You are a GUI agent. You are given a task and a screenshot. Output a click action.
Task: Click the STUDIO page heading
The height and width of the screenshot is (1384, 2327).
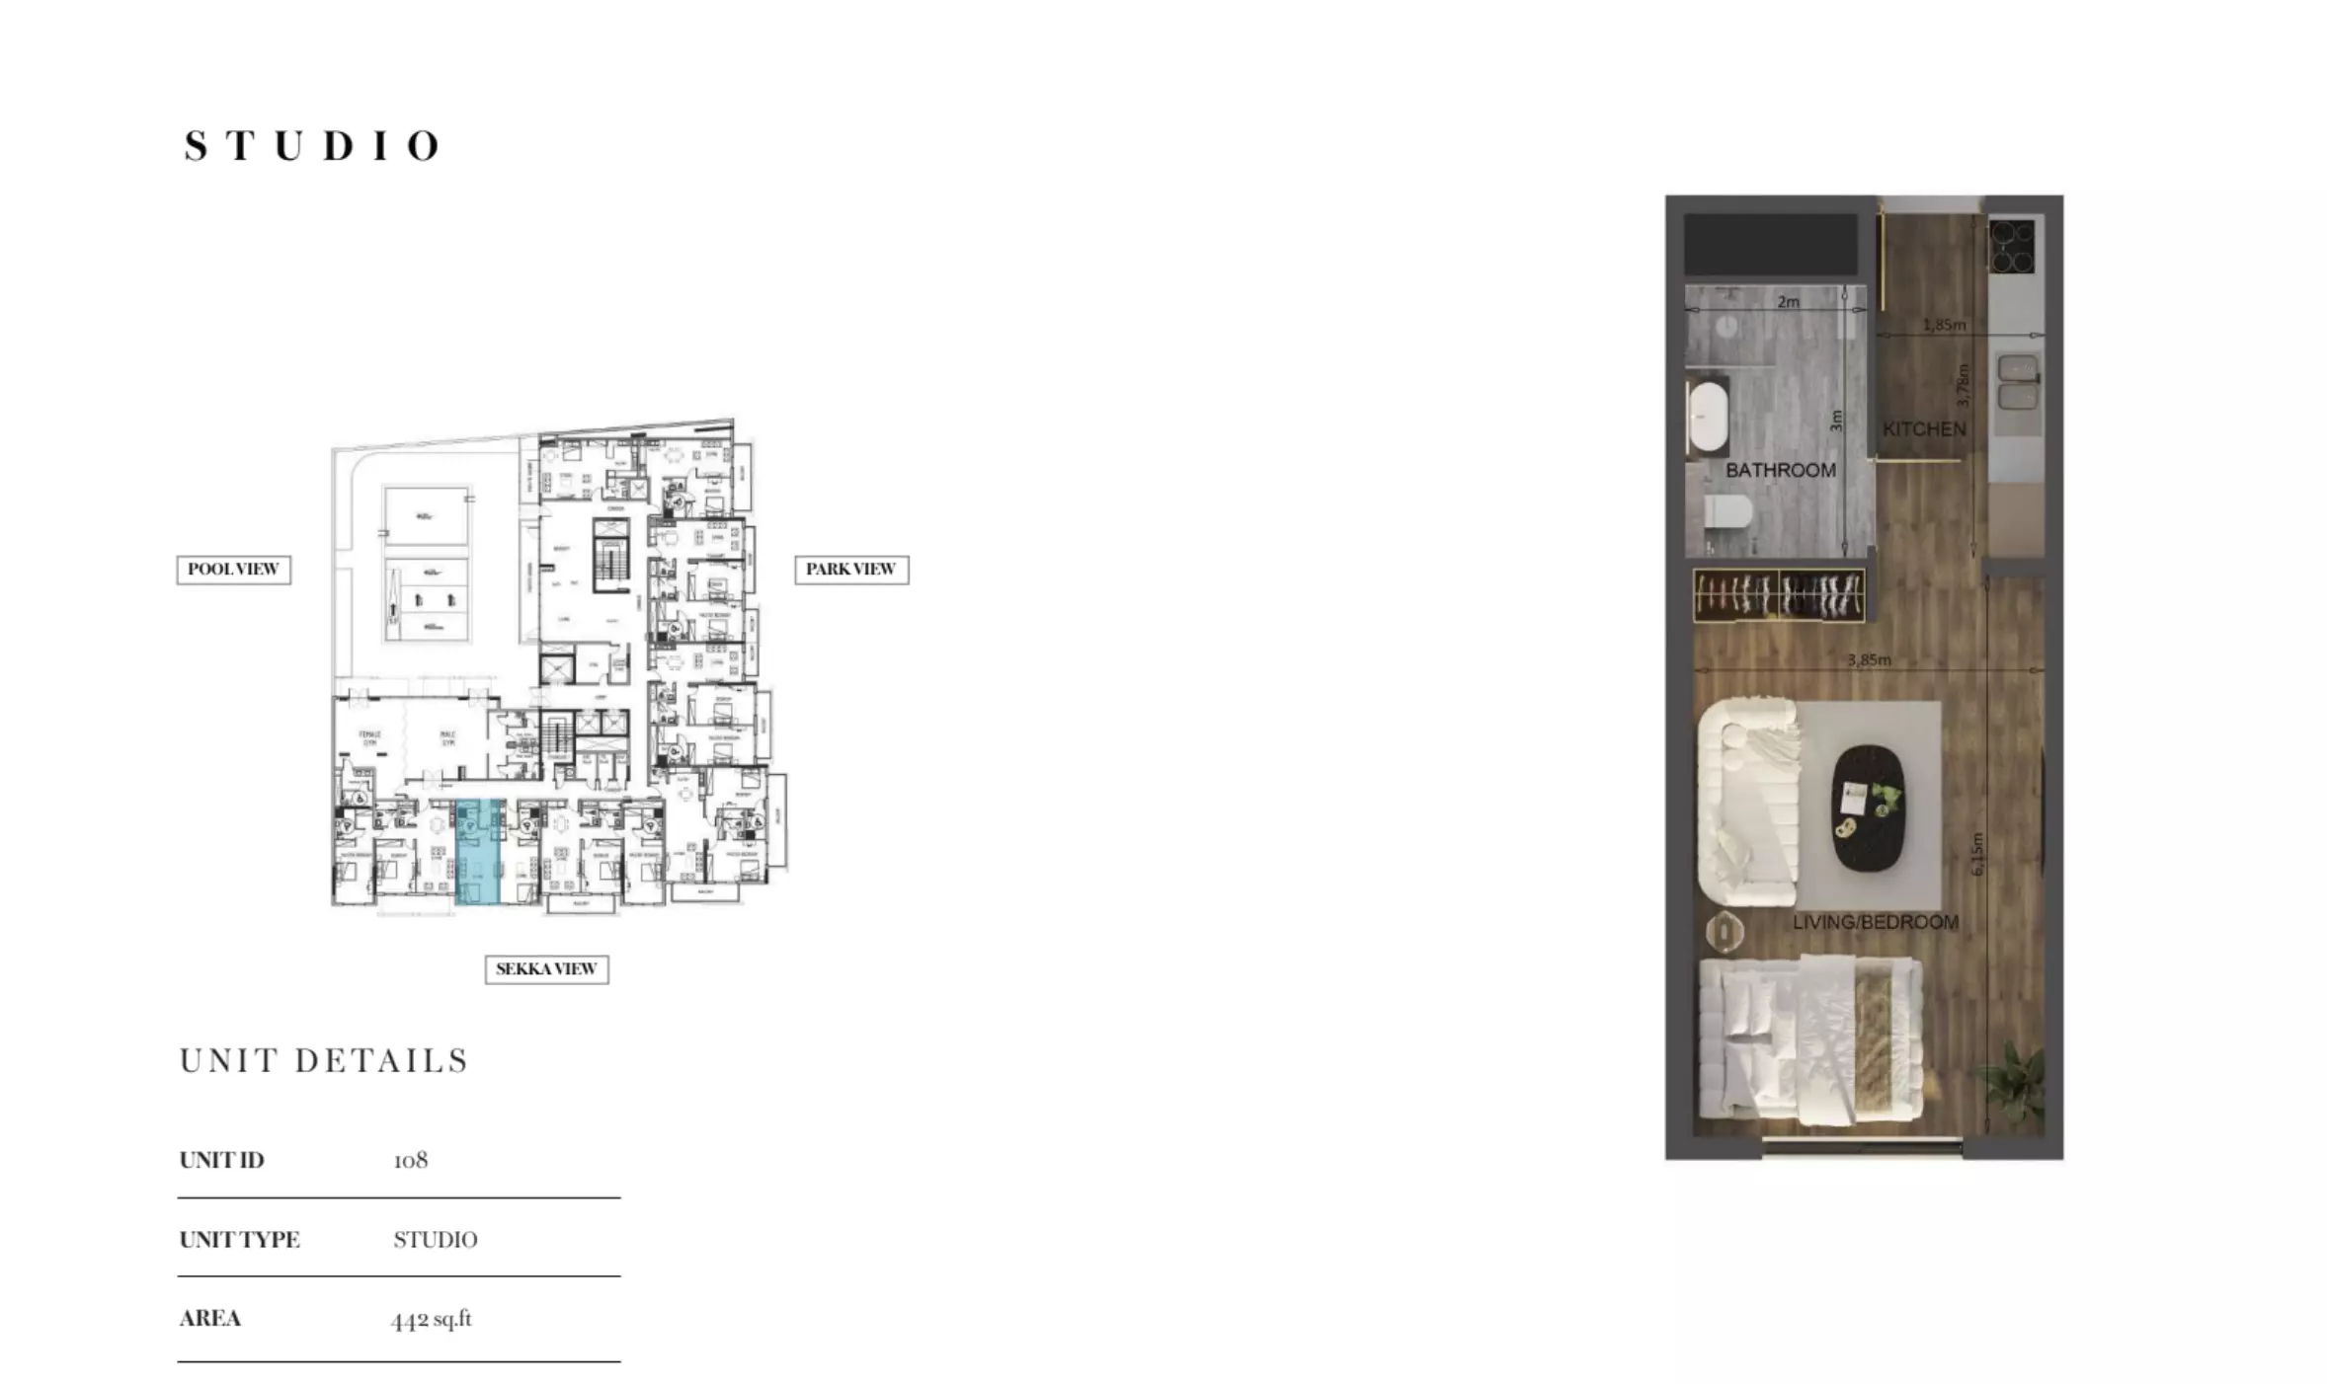coord(312,146)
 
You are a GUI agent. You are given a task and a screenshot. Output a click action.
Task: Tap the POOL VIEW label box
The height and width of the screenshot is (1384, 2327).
coord(233,570)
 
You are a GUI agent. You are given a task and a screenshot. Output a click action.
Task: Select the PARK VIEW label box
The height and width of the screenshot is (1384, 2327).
coord(850,570)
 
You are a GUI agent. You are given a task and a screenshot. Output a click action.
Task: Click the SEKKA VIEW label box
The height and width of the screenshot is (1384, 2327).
coord(546,969)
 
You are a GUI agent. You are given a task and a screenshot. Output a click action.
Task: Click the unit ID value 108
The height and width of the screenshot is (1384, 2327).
coord(411,1160)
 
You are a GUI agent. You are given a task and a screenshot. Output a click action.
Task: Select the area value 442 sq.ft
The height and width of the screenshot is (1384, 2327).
coord(432,1319)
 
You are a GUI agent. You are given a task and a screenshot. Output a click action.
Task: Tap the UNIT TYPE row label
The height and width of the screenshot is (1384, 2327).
coord(240,1240)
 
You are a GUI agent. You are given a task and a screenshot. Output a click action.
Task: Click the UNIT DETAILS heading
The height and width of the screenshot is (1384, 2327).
coord(324,1061)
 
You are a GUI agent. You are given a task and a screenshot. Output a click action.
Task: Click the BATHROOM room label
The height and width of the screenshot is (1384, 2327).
coord(1780,471)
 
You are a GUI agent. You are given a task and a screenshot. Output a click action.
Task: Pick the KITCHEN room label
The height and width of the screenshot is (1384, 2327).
coord(1924,429)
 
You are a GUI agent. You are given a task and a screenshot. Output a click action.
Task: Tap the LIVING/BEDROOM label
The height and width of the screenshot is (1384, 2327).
coord(1876,922)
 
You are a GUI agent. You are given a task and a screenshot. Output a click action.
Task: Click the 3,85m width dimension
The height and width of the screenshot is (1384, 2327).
coord(1869,659)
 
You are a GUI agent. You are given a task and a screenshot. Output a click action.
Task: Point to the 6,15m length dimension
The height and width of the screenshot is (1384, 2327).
coord(1976,855)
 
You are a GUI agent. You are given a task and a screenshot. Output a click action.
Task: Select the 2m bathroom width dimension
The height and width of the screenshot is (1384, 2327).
coord(1788,302)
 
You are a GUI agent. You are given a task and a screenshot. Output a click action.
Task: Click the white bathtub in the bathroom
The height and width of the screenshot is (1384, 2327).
coord(1705,419)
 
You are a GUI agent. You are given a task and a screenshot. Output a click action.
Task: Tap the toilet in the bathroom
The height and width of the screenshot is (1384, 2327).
coord(1728,511)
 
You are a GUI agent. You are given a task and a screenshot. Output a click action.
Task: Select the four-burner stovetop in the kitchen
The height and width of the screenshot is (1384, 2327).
coord(2012,247)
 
